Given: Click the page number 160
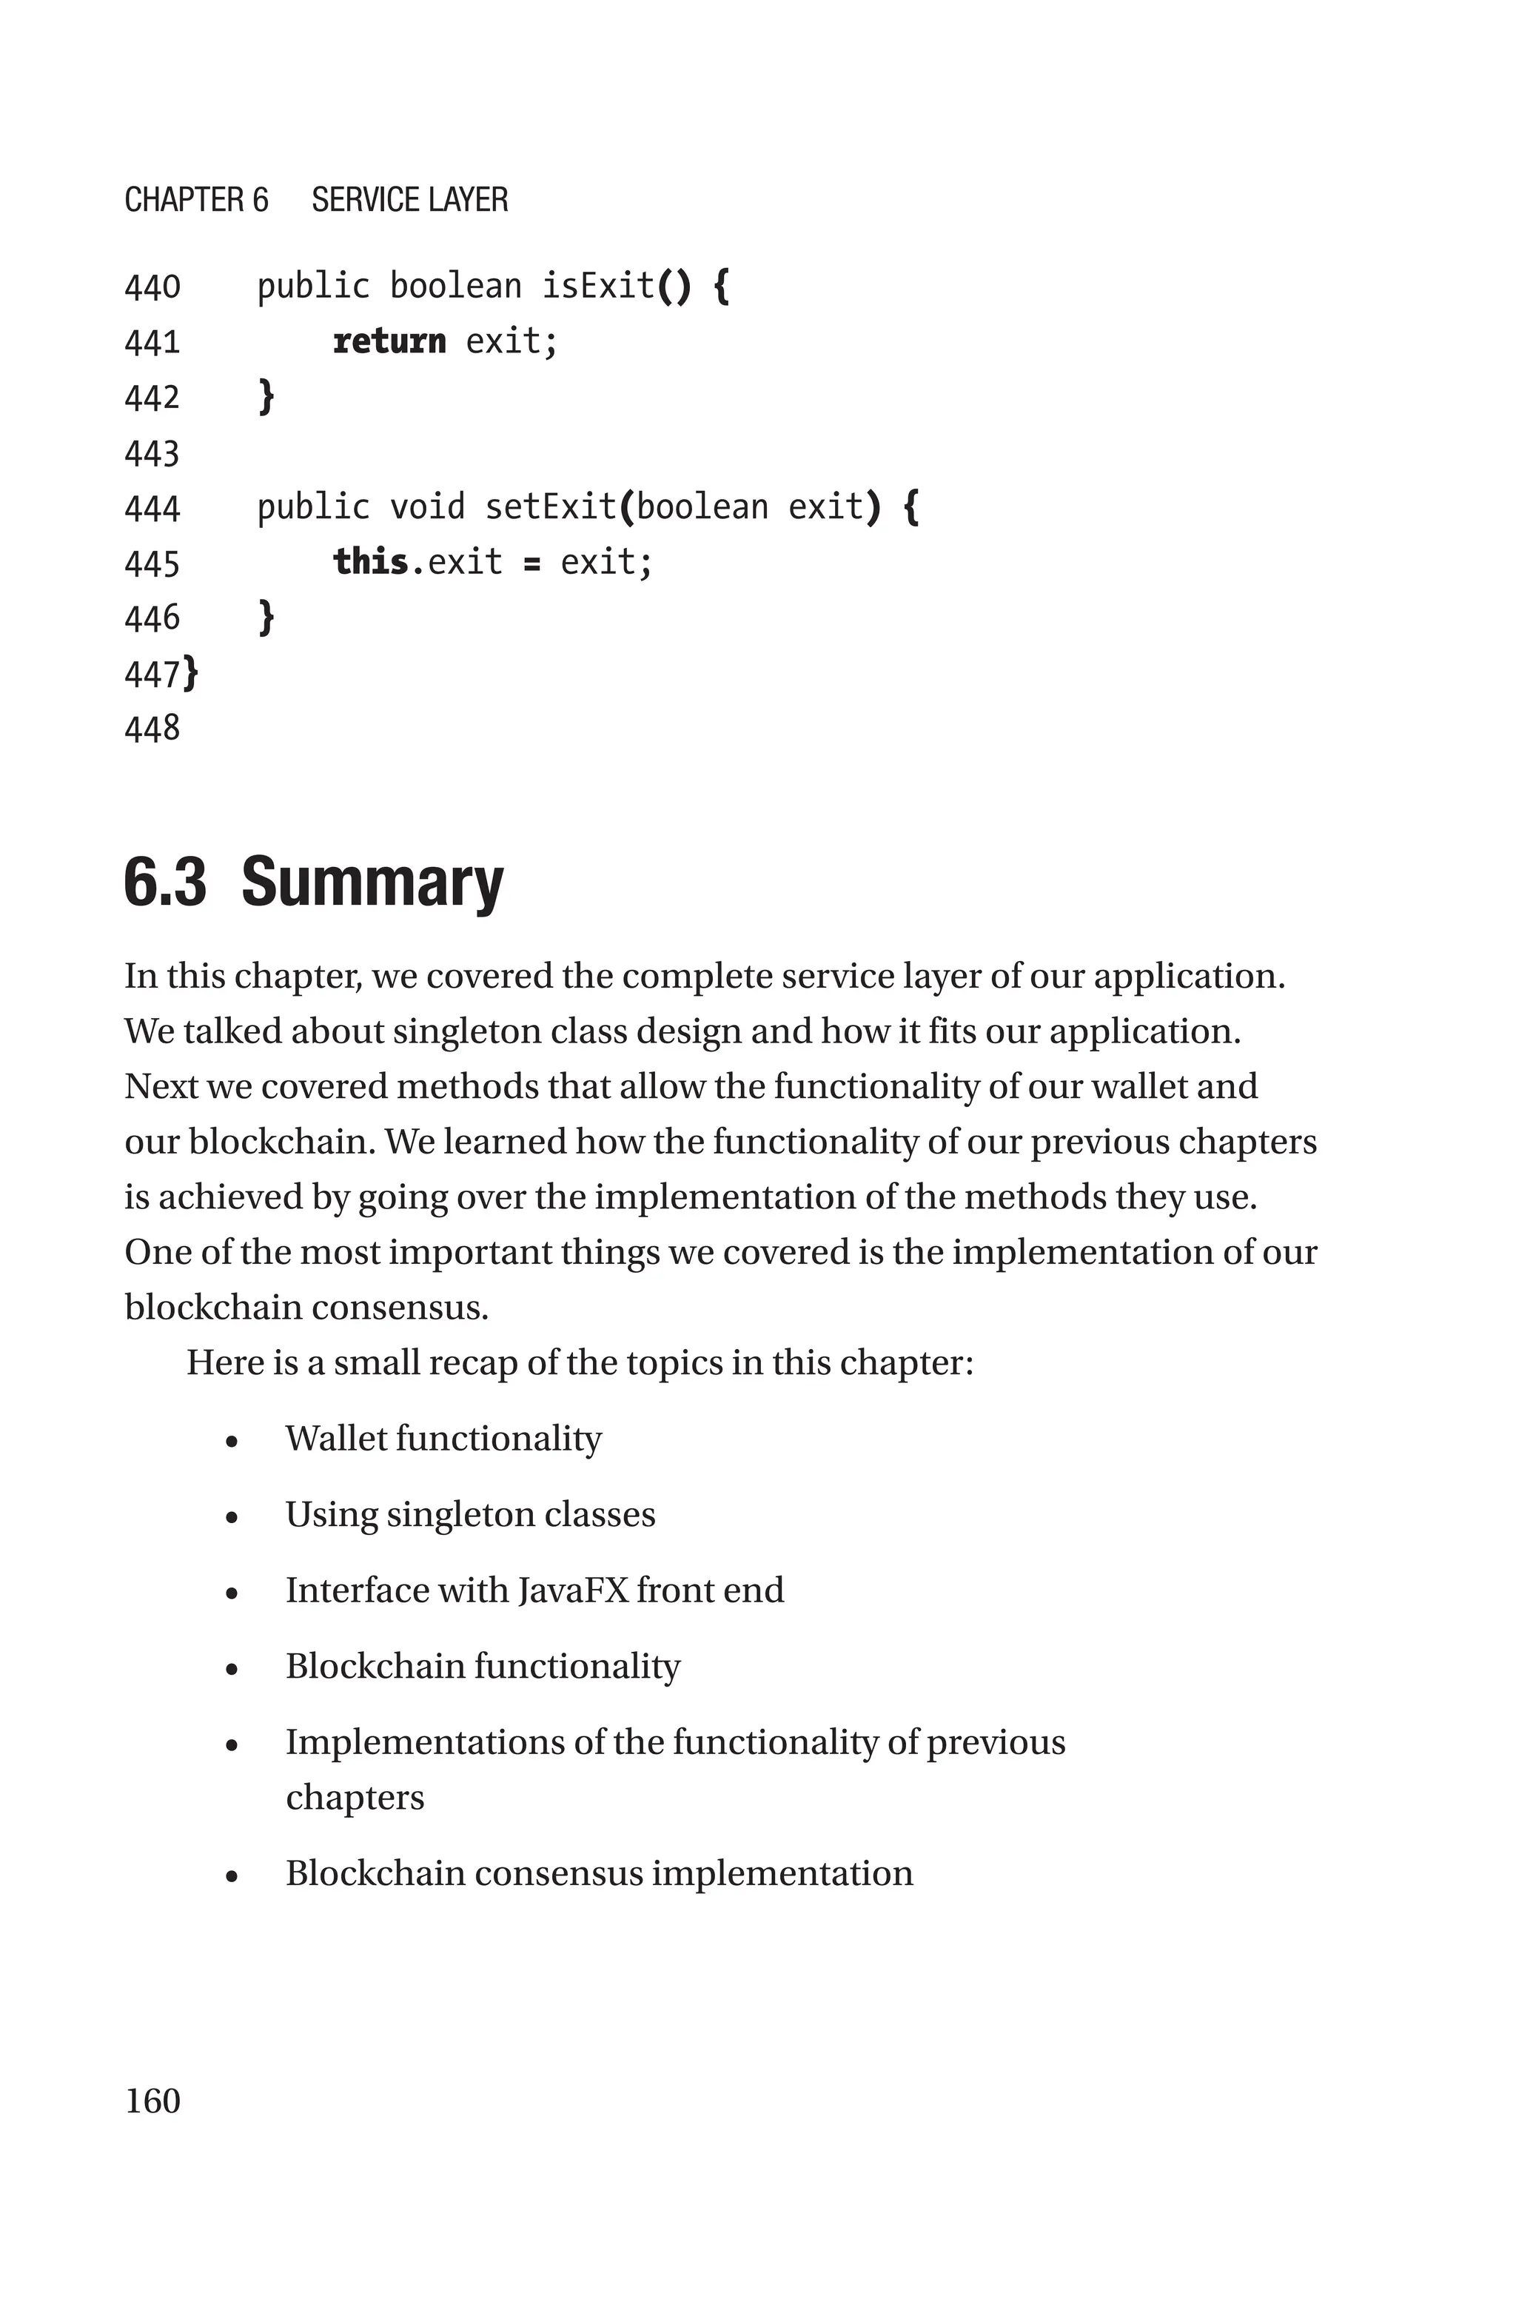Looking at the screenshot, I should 152,2100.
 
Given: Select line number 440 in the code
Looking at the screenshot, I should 152,287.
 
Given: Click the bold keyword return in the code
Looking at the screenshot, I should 389,341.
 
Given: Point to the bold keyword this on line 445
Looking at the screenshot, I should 370,562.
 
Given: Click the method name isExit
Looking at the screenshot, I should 597,286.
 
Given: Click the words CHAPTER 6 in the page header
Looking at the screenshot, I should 196,200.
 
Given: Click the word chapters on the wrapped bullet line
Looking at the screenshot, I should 355,1797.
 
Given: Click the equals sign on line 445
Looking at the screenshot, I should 531,563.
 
